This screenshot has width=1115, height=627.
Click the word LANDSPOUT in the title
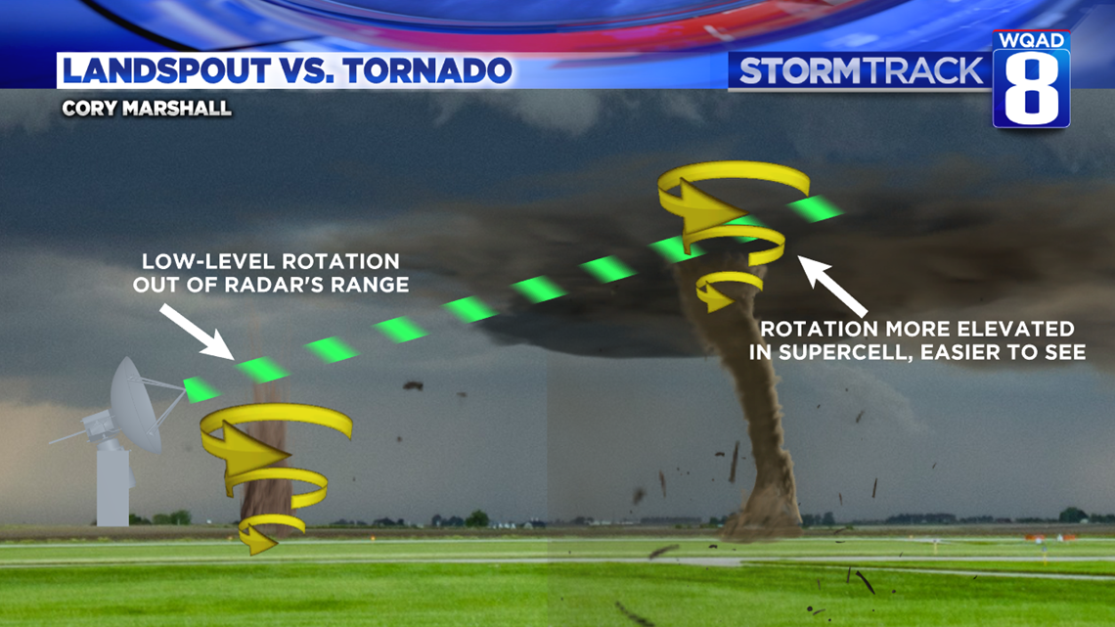tap(167, 71)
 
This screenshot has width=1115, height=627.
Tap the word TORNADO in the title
tap(427, 71)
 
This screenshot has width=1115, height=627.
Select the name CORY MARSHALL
tap(147, 108)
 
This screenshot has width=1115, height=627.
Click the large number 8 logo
tap(1031, 88)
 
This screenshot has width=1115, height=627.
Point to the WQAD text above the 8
tap(1031, 40)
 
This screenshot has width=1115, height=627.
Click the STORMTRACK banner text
tap(861, 71)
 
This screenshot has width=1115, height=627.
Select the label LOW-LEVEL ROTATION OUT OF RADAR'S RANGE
tap(270, 273)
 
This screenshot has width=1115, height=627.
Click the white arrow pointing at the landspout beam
tap(197, 332)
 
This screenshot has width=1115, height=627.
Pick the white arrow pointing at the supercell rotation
tap(832, 286)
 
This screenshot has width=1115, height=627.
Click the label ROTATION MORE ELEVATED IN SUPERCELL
tap(917, 339)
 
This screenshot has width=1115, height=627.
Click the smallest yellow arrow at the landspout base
tap(270, 532)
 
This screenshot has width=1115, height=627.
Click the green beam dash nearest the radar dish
tap(201, 390)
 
